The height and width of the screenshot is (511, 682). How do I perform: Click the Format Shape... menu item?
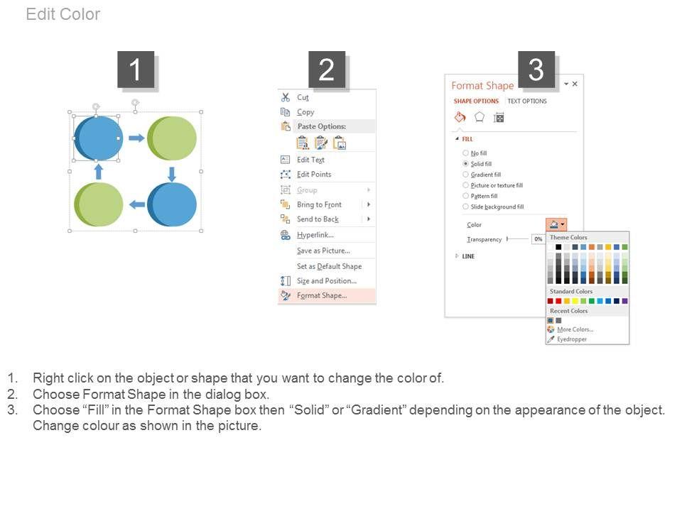pyautogui.click(x=322, y=295)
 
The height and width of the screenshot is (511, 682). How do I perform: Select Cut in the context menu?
pyautogui.click(x=303, y=97)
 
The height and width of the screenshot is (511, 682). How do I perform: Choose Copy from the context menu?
pyautogui.click(x=305, y=112)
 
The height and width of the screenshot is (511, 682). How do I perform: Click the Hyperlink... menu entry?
pyautogui.click(x=315, y=235)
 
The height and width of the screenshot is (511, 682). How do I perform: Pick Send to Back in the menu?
pyautogui.click(x=318, y=219)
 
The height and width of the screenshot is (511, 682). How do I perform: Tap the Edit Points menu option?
pyautogui.click(x=314, y=175)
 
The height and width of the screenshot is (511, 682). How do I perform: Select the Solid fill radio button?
pyautogui.click(x=465, y=164)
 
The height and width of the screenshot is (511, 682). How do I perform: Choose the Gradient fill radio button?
pyautogui.click(x=465, y=175)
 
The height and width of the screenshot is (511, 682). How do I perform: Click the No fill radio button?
pyautogui.click(x=465, y=153)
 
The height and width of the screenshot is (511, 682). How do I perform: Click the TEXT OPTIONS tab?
pyautogui.click(x=527, y=101)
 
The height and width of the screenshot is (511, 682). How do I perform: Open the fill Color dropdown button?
pyautogui.click(x=556, y=225)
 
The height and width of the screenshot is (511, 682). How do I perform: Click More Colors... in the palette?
pyautogui.click(x=575, y=330)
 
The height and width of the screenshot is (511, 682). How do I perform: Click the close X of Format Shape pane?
pyautogui.click(x=575, y=84)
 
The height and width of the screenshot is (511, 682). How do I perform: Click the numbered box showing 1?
pyautogui.click(x=136, y=70)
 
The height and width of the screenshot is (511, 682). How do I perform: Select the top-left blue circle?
pyautogui.click(x=98, y=138)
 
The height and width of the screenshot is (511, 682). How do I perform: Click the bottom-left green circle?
pyautogui.click(x=98, y=204)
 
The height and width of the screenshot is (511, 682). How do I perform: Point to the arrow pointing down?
pyautogui.click(x=172, y=175)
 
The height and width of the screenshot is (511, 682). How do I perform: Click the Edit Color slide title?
pyautogui.click(x=63, y=14)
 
